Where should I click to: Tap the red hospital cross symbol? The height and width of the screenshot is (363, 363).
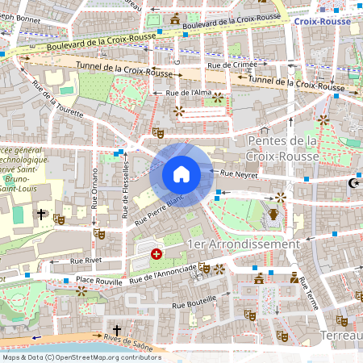(156, 254)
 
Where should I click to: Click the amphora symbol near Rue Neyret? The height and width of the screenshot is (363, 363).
(274, 214)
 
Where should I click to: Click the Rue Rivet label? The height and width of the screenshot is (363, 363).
(86, 261)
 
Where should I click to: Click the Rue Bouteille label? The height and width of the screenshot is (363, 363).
(188, 307)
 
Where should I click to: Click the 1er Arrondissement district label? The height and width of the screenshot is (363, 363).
(243, 244)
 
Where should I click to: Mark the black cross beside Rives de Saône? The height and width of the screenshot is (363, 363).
(116, 331)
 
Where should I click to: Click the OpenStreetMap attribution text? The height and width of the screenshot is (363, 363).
(81, 357)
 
